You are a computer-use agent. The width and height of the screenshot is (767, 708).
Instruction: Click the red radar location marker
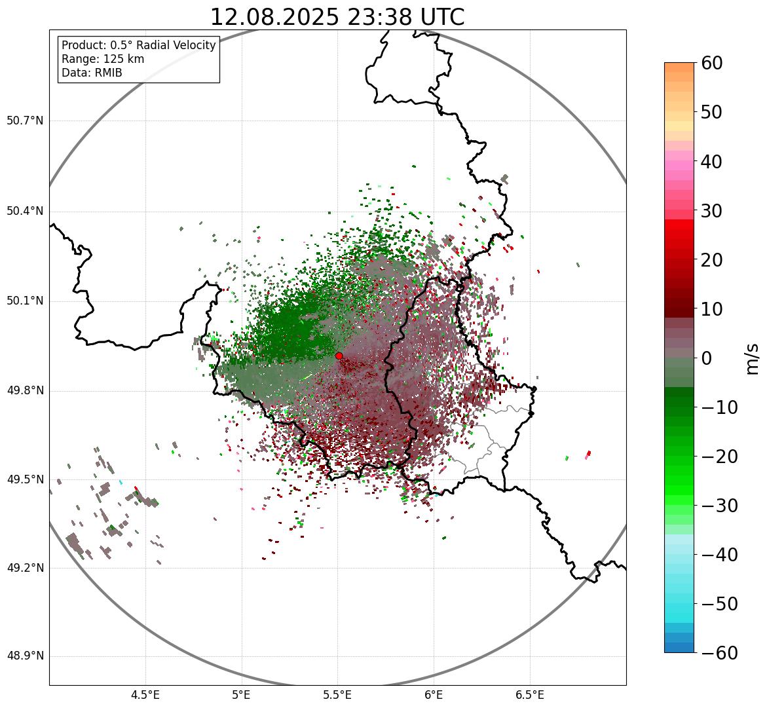pos(339,356)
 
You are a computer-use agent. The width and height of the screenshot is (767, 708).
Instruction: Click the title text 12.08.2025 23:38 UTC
pos(337,17)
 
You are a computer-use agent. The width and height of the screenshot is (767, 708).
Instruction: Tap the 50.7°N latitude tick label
pos(25,121)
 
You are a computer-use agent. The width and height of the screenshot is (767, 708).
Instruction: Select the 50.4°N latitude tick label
pos(25,211)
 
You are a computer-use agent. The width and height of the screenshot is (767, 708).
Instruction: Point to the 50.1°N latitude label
pos(25,301)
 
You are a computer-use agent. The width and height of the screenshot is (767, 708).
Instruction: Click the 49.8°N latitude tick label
pos(25,391)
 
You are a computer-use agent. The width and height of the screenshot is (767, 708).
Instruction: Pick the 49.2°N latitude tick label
pos(25,568)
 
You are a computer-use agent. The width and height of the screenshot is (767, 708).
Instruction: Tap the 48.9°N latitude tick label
pos(25,656)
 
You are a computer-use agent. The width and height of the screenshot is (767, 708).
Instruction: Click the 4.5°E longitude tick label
pos(145,695)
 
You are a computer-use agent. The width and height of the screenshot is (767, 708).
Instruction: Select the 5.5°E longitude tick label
pos(337,695)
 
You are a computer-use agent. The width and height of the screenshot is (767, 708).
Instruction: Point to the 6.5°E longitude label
pos(529,695)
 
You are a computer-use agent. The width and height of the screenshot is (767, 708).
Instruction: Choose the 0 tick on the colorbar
pos(706,358)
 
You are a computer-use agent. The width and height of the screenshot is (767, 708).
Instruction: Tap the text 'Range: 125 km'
pos(103,59)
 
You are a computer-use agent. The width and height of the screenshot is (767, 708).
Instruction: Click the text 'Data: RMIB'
pos(92,73)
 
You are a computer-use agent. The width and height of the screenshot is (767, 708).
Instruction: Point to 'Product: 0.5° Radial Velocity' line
pos(138,45)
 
